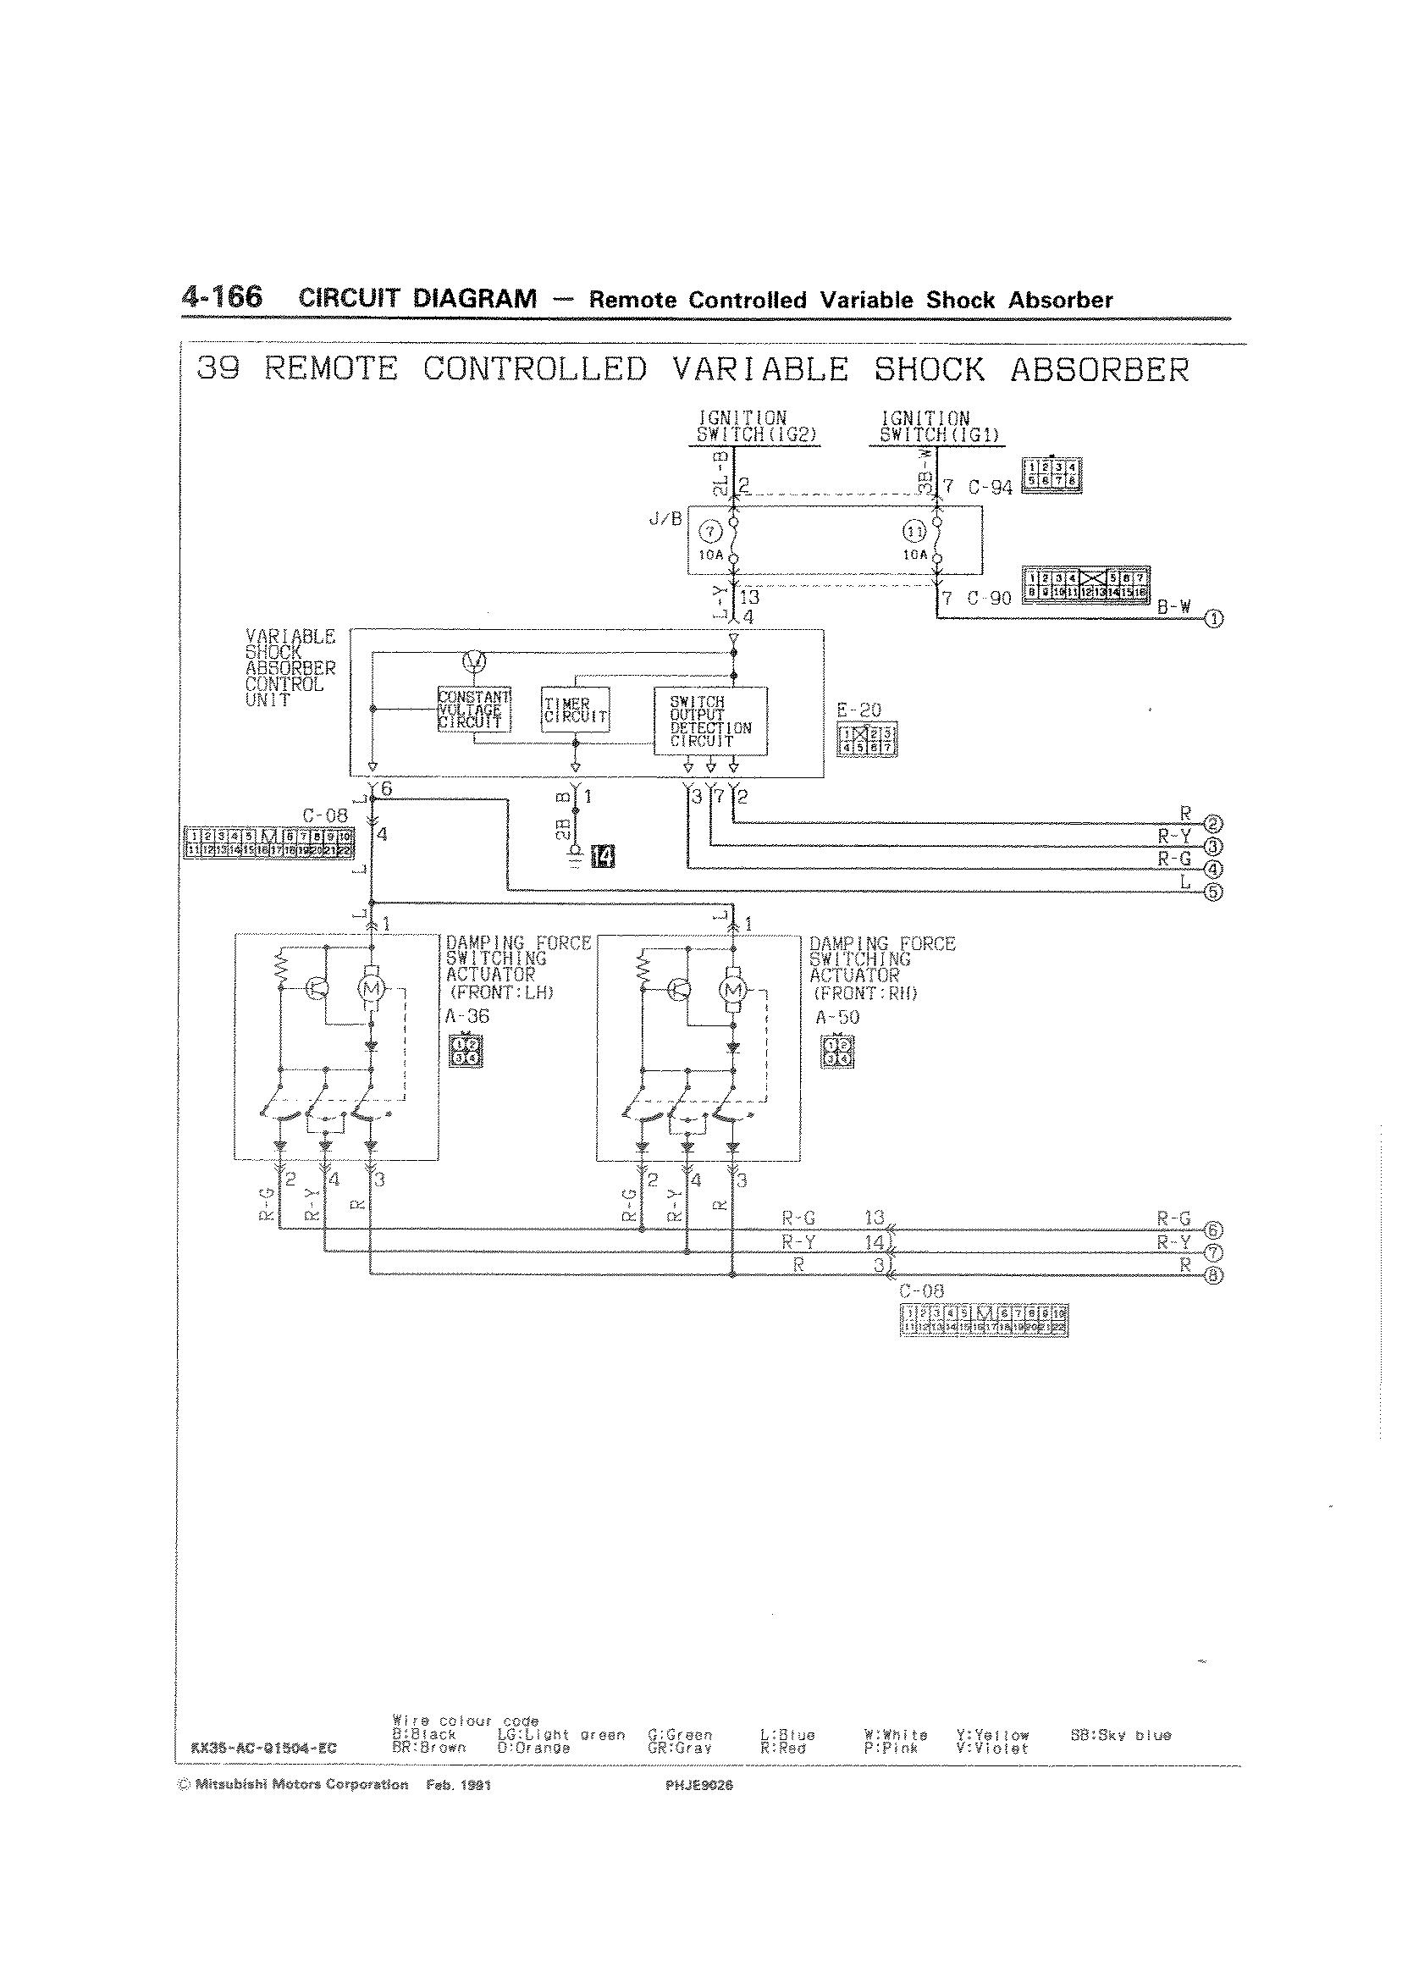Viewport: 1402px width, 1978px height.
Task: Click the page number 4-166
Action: pos(222,297)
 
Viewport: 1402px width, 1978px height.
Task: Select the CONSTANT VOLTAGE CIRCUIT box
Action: pos(474,710)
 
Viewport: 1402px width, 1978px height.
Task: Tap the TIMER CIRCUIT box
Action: pos(575,710)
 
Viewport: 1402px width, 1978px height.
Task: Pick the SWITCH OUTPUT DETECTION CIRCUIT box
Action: pos(710,721)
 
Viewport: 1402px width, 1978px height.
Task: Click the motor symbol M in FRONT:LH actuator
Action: pos(372,986)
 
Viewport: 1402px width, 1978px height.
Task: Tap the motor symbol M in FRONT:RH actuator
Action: pos(735,987)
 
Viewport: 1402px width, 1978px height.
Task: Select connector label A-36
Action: pos(467,1016)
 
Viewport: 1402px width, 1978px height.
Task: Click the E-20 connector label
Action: pos(859,710)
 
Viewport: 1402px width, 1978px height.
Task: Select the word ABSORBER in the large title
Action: pos(1100,369)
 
